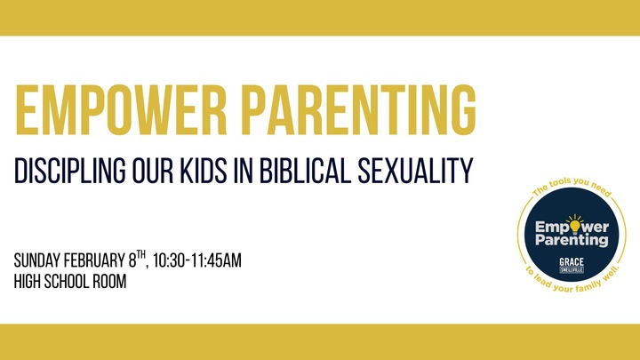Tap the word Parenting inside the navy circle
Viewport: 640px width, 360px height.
click(572, 240)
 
